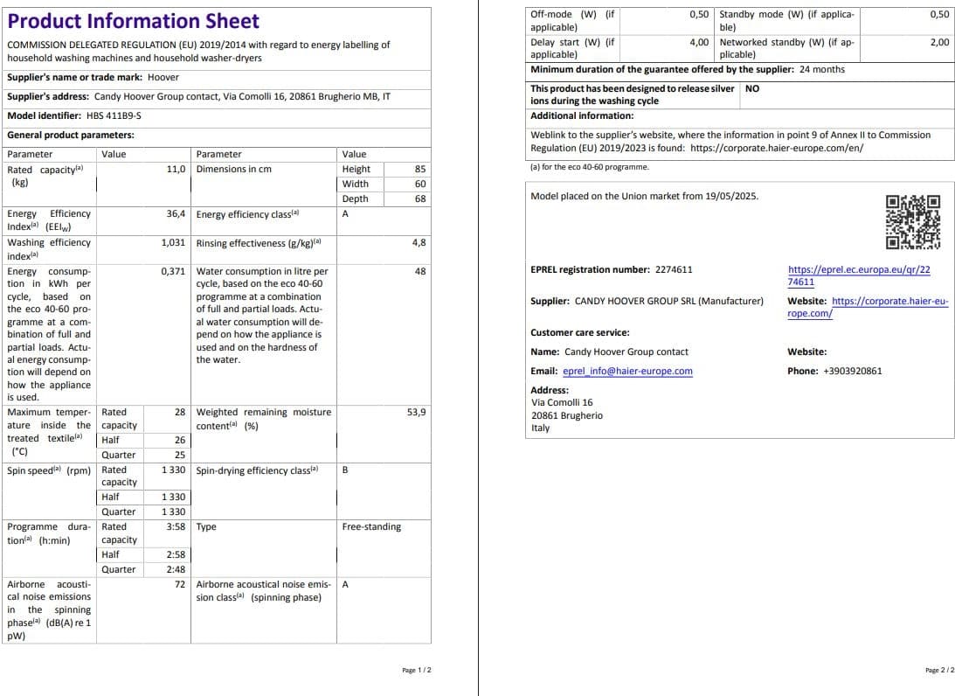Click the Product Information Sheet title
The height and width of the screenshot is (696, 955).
click(133, 22)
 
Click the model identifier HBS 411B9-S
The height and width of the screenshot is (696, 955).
click(114, 115)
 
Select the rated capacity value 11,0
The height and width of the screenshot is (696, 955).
click(176, 169)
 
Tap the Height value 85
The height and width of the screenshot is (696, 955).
click(420, 169)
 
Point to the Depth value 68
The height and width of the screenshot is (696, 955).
click(420, 198)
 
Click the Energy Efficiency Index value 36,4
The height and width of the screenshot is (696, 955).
click(176, 213)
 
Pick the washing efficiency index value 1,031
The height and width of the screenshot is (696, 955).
click(173, 242)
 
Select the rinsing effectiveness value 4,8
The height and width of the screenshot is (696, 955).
click(419, 242)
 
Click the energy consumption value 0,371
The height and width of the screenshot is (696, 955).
click(173, 271)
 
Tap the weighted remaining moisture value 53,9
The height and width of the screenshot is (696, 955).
click(417, 411)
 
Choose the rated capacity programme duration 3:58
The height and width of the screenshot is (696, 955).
click(176, 526)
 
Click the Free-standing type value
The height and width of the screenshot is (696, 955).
click(371, 526)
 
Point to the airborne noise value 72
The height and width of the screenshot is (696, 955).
click(180, 584)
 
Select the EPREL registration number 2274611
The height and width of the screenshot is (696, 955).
click(673, 270)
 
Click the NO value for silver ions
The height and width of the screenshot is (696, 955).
click(752, 88)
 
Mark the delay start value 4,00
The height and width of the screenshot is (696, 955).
click(698, 42)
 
